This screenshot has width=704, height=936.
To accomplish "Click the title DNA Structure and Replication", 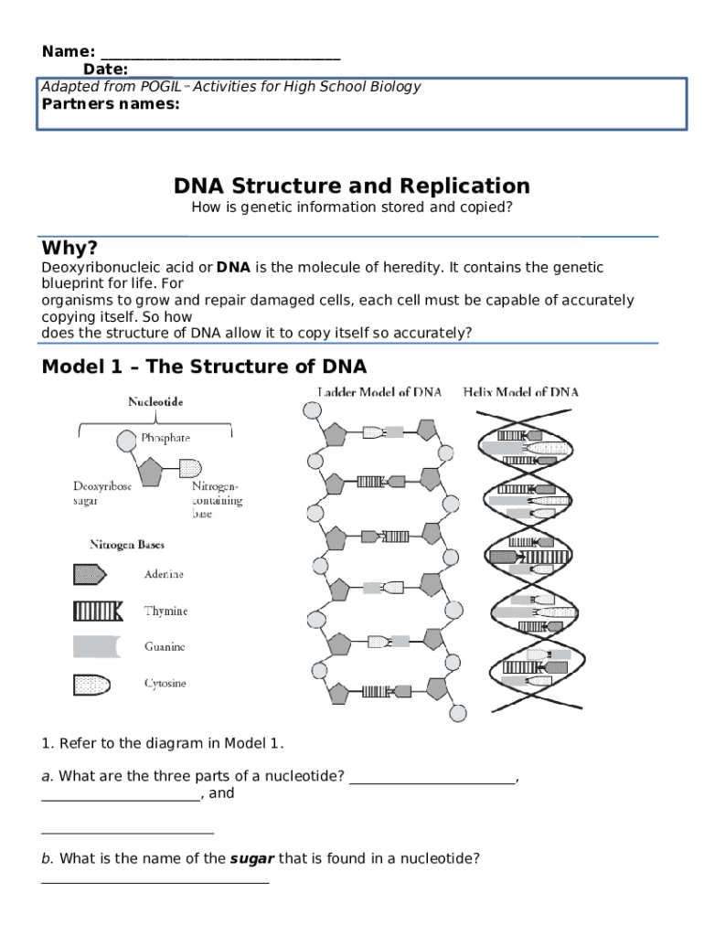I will click(351, 186).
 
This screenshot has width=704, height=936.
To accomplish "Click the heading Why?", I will click(69, 249).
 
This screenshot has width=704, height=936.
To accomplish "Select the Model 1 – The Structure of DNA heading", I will click(204, 367).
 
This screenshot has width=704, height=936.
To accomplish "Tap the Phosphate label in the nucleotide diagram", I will click(165, 439).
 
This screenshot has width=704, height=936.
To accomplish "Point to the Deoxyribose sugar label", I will click(102, 494).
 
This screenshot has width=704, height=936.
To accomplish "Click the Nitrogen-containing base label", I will click(217, 500).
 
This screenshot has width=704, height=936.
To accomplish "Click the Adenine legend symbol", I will click(90, 574).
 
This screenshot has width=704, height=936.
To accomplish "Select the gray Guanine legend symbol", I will click(96, 646).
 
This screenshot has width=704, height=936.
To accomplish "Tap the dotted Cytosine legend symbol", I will click(92, 683).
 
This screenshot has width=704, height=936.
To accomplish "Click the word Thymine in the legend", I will click(165, 611).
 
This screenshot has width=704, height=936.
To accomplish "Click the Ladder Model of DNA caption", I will click(379, 392).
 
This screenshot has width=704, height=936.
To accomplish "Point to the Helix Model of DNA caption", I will click(521, 392).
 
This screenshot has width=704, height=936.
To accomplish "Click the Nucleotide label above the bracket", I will click(155, 401).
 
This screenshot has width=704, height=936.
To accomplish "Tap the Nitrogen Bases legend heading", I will click(127, 545).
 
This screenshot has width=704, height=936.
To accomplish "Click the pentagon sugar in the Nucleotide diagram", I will click(150, 473).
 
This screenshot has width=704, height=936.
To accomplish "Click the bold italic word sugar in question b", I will click(251, 858).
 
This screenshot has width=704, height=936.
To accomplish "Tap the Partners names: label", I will click(111, 103).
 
